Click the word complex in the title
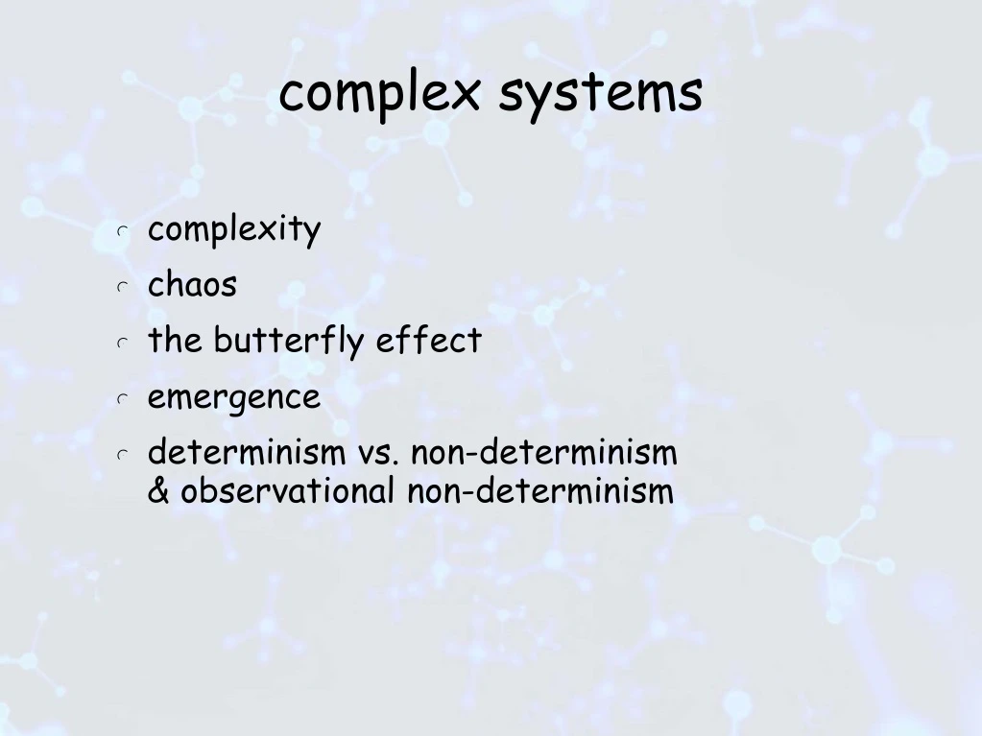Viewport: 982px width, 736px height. (379, 94)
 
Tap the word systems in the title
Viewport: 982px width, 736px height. (600, 94)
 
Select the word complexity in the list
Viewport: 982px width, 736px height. (233, 230)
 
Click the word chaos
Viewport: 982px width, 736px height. (192, 285)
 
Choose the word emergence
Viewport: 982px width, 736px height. (233, 396)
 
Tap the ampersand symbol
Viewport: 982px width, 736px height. (159, 491)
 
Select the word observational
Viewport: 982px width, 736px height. (287, 491)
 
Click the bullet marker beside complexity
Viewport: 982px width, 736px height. (122, 232)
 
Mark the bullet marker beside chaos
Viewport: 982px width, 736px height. (122, 287)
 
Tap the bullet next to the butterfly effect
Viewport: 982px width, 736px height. (122, 343)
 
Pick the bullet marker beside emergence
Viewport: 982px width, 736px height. (122, 398)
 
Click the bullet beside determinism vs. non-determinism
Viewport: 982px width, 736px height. (122, 454)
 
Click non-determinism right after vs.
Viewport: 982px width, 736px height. (544, 452)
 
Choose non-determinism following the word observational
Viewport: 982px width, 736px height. (540, 491)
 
